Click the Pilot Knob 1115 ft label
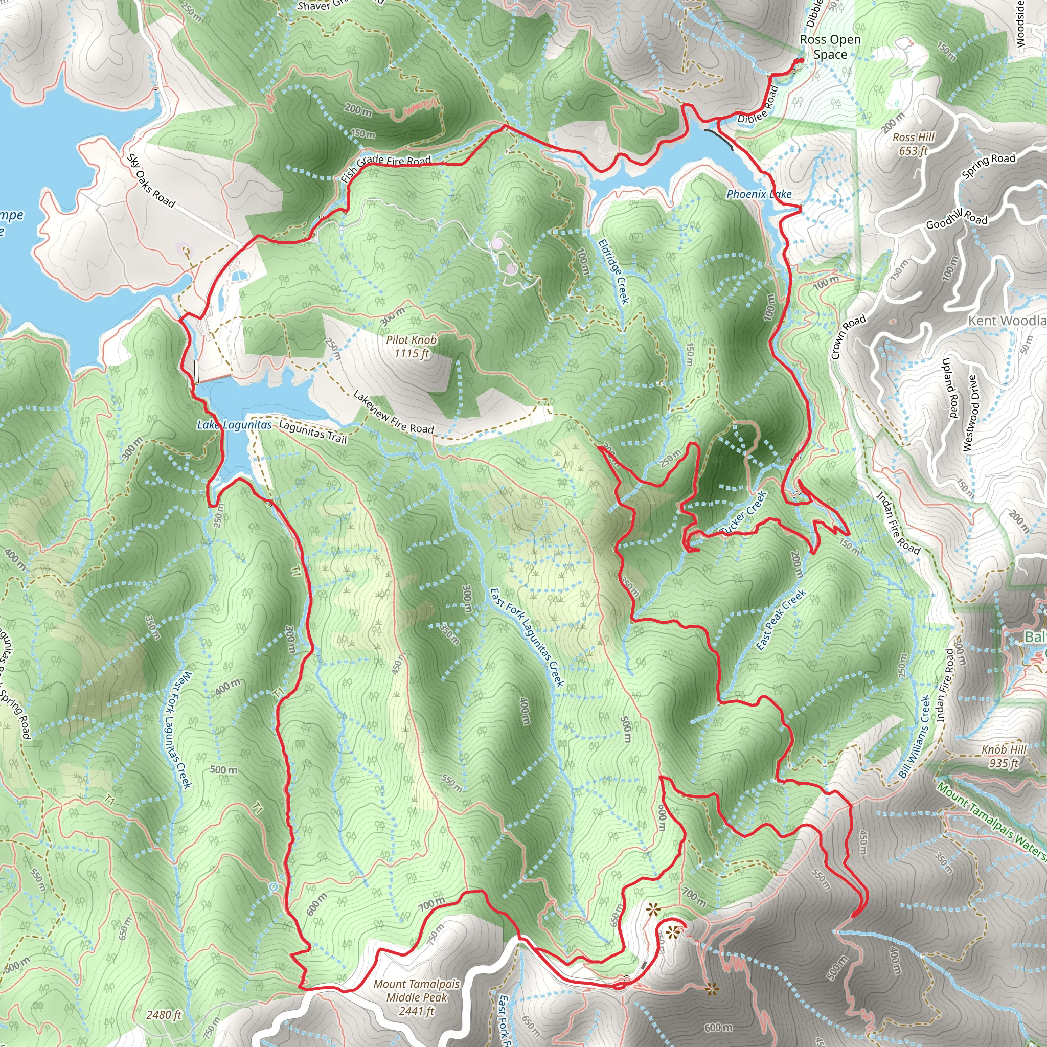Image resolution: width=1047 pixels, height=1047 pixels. click(x=412, y=347)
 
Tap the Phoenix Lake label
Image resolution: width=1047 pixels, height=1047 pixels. click(x=759, y=194)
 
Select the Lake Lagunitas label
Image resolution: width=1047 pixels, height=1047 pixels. click(x=234, y=425)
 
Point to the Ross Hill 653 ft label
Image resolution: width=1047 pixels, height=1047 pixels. click(x=914, y=144)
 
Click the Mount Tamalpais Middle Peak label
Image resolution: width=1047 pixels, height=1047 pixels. click(x=416, y=997)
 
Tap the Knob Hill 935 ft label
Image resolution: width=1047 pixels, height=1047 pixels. click(x=1004, y=757)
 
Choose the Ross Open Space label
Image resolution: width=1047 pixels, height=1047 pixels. click(x=830, y=47)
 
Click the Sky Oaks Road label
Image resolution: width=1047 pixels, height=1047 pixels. click(x=151, y=181)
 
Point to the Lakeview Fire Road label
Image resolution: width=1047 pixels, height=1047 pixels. click(x=394, y=413)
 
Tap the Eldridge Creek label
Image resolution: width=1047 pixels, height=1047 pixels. click(x=614, y=271)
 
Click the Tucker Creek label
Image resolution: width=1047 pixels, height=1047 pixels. click(x=743, y=513)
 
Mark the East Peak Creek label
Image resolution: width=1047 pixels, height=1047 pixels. click(x=781, y=620)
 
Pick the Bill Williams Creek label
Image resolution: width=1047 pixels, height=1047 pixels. click(x=915, y=737)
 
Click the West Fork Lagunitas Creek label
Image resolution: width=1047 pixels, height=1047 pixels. click(x=177, y=730)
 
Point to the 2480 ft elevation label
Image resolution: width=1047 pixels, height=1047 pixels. click(x=164, y=1014)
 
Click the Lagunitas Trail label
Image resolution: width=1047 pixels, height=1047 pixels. click(x=313, y=432)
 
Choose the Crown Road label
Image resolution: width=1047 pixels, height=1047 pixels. click(x=848, y=336)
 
